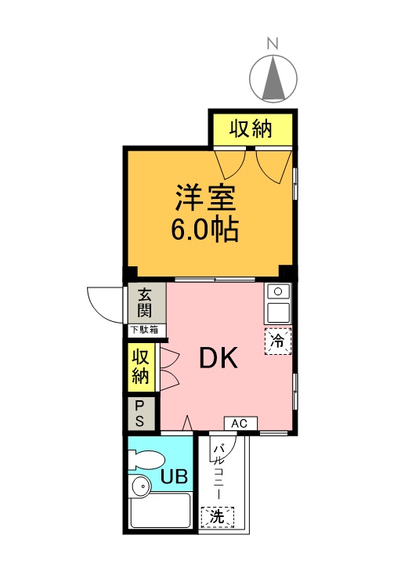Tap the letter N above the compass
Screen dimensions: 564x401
(273, 44)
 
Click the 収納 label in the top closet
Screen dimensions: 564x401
(251, 129)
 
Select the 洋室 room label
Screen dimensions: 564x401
(205, 197)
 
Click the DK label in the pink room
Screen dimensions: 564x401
(217, 358)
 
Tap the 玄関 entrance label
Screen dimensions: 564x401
(146, 304)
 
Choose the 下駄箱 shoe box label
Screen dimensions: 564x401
(146, 331)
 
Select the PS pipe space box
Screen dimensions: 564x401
(140, 413)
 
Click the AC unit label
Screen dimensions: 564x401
(240, 424)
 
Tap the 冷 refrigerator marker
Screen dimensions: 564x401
(276, 341)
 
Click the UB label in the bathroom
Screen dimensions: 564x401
(172, 475)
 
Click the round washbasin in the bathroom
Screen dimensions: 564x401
(141, 487)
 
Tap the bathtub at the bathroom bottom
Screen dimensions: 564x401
(160, 512)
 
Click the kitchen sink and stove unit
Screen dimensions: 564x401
(278, 302)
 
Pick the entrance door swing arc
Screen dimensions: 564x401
(103, 301)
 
